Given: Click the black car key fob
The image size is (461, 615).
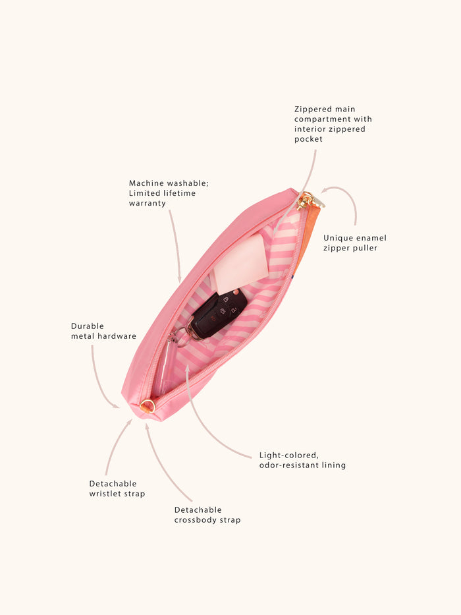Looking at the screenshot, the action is coord(219,313).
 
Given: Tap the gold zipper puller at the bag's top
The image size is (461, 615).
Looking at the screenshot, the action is coord(308,200).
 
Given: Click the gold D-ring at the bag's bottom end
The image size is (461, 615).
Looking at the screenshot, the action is coord(148,405).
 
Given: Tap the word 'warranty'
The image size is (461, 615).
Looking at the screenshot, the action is coord(148,203).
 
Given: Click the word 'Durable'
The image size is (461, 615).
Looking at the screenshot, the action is coord(88,326).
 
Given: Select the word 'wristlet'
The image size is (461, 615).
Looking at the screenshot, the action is coord(106,494).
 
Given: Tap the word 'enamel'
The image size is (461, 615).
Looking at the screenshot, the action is coord(370,238).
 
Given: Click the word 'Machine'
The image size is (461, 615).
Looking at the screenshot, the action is coord(146,183).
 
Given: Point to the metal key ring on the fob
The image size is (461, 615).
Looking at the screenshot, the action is coord(178,337).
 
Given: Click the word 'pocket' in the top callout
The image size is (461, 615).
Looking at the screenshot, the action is coord(308,139).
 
